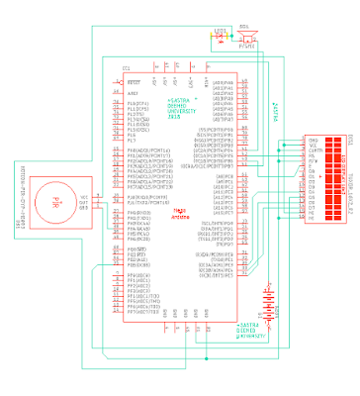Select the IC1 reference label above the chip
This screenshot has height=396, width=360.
click(126, 67)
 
